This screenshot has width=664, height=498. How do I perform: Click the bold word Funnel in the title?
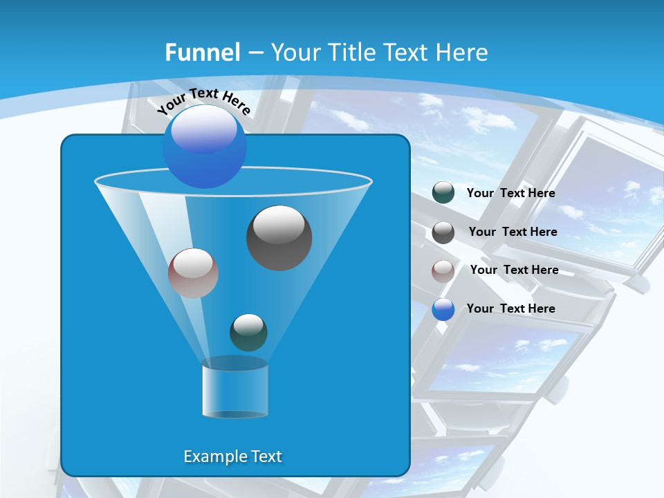[203, 53]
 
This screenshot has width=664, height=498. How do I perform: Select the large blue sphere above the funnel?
[205, 147]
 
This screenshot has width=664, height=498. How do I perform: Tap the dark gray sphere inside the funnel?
[279, 238]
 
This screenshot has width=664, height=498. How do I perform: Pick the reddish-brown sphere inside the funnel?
[193, 273]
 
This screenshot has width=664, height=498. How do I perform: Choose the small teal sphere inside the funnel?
[248, 332]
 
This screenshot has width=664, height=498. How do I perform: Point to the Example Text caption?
[232, 456]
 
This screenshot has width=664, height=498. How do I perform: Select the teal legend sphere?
[443, 193]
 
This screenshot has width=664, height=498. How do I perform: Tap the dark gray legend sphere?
[443, 232]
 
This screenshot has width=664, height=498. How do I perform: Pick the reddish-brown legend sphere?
[443, 270]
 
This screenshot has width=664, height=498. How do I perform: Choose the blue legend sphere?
[443, 309]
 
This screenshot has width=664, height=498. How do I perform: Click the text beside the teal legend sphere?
[510, 194]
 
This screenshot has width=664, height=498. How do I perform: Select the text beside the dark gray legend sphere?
[513, 232]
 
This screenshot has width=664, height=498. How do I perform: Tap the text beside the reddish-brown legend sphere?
[514, 270]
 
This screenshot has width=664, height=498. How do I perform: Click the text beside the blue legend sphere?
[510, 309]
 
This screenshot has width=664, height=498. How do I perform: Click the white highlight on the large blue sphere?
[203, 129]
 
